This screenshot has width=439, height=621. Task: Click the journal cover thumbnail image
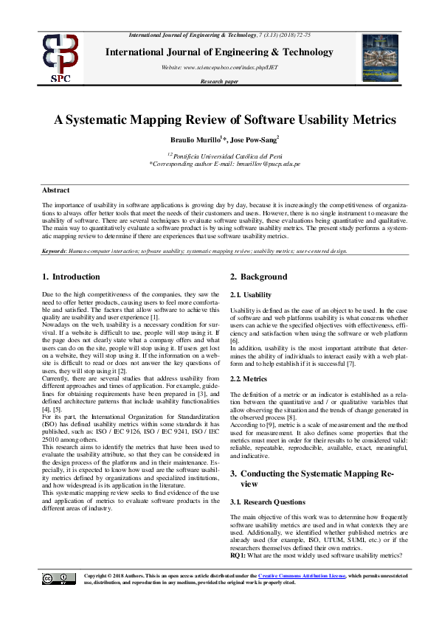380,58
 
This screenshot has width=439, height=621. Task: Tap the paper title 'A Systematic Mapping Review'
219,119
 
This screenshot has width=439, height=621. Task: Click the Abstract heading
55,190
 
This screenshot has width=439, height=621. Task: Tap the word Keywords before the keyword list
55,251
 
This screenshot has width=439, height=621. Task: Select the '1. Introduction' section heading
70,277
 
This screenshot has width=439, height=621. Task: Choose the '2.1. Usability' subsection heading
251,294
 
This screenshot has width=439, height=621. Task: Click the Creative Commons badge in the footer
58,579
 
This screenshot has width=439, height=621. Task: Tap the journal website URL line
219,67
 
